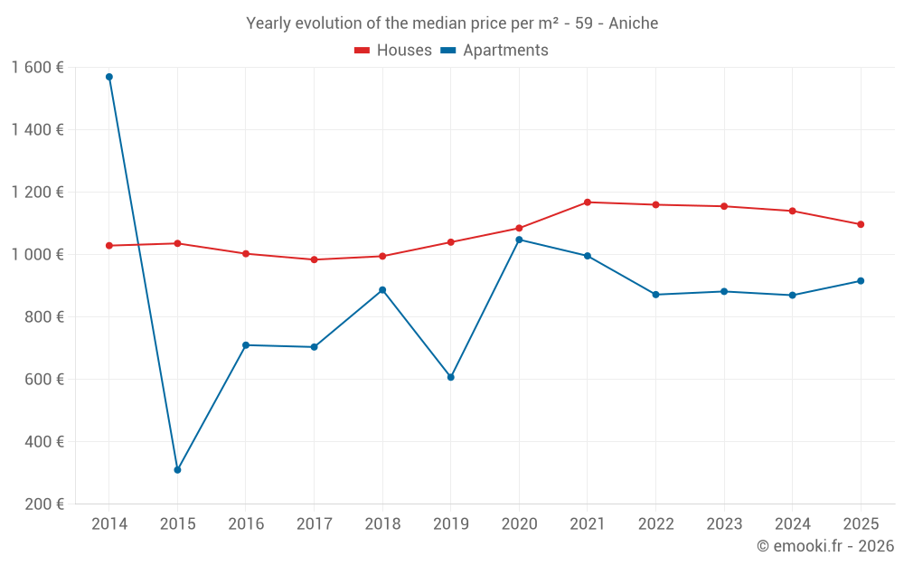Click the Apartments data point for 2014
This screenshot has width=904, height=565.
[x=109, y=77]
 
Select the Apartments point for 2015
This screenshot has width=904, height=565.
[x=177, y=470]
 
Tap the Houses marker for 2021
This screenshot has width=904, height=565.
[x=588, y=202]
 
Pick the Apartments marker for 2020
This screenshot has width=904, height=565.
[x=519, y=240]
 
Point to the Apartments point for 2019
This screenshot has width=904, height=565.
[x=450, y=377]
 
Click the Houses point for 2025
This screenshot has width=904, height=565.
[x=861, y=224]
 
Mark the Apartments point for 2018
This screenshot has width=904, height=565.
[x=382, y=290]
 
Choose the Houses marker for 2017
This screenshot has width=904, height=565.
[x=314, y=259]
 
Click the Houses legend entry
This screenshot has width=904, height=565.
[x=392, y=51]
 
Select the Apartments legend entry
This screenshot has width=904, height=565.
[x=494, y=51]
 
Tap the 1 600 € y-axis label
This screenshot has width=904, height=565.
[x=37, y=68]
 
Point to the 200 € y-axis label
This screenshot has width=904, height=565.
[x=44, y=504]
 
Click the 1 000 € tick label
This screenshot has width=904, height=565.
[x=37, y=255]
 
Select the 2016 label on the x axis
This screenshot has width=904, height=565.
[x=246, y=524]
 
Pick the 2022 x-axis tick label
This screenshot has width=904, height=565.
[x=655, y=524]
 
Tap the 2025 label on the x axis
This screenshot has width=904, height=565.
[x=861, y=524]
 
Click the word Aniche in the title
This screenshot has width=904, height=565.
[x=633, y=24]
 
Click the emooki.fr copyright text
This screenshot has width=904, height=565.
[x=825, y=546]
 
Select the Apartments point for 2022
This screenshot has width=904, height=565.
[x=655, y=295]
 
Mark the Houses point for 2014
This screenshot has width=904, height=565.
[x=109, y=246]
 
